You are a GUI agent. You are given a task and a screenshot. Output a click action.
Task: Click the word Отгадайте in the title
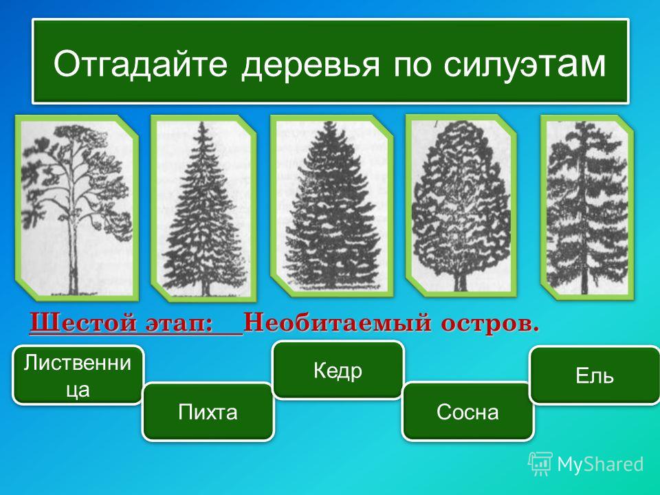(140, 63)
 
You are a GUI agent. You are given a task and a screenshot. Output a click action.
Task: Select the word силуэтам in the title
(525, 63)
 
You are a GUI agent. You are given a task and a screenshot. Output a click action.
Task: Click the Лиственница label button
(78, 375)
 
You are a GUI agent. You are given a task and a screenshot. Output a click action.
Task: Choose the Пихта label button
(208, 411)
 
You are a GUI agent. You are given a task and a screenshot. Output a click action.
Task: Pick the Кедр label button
(338, 370)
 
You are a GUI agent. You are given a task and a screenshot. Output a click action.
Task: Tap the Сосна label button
(467, 411)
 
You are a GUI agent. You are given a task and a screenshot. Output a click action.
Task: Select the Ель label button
(594, 375)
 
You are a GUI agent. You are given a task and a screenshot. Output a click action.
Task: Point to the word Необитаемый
(337, 323)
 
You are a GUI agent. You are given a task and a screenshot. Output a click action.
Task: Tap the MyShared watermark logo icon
(540, 463)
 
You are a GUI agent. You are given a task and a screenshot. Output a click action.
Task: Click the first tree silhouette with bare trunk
(76, 208)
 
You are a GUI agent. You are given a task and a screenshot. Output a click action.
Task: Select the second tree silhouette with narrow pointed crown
(203, 208)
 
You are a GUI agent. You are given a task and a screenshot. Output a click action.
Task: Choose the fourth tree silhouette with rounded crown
(461, 206)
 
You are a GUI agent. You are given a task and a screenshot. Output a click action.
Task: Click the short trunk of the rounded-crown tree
(460, 281)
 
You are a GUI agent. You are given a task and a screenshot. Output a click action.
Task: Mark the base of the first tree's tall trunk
(74, 292)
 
